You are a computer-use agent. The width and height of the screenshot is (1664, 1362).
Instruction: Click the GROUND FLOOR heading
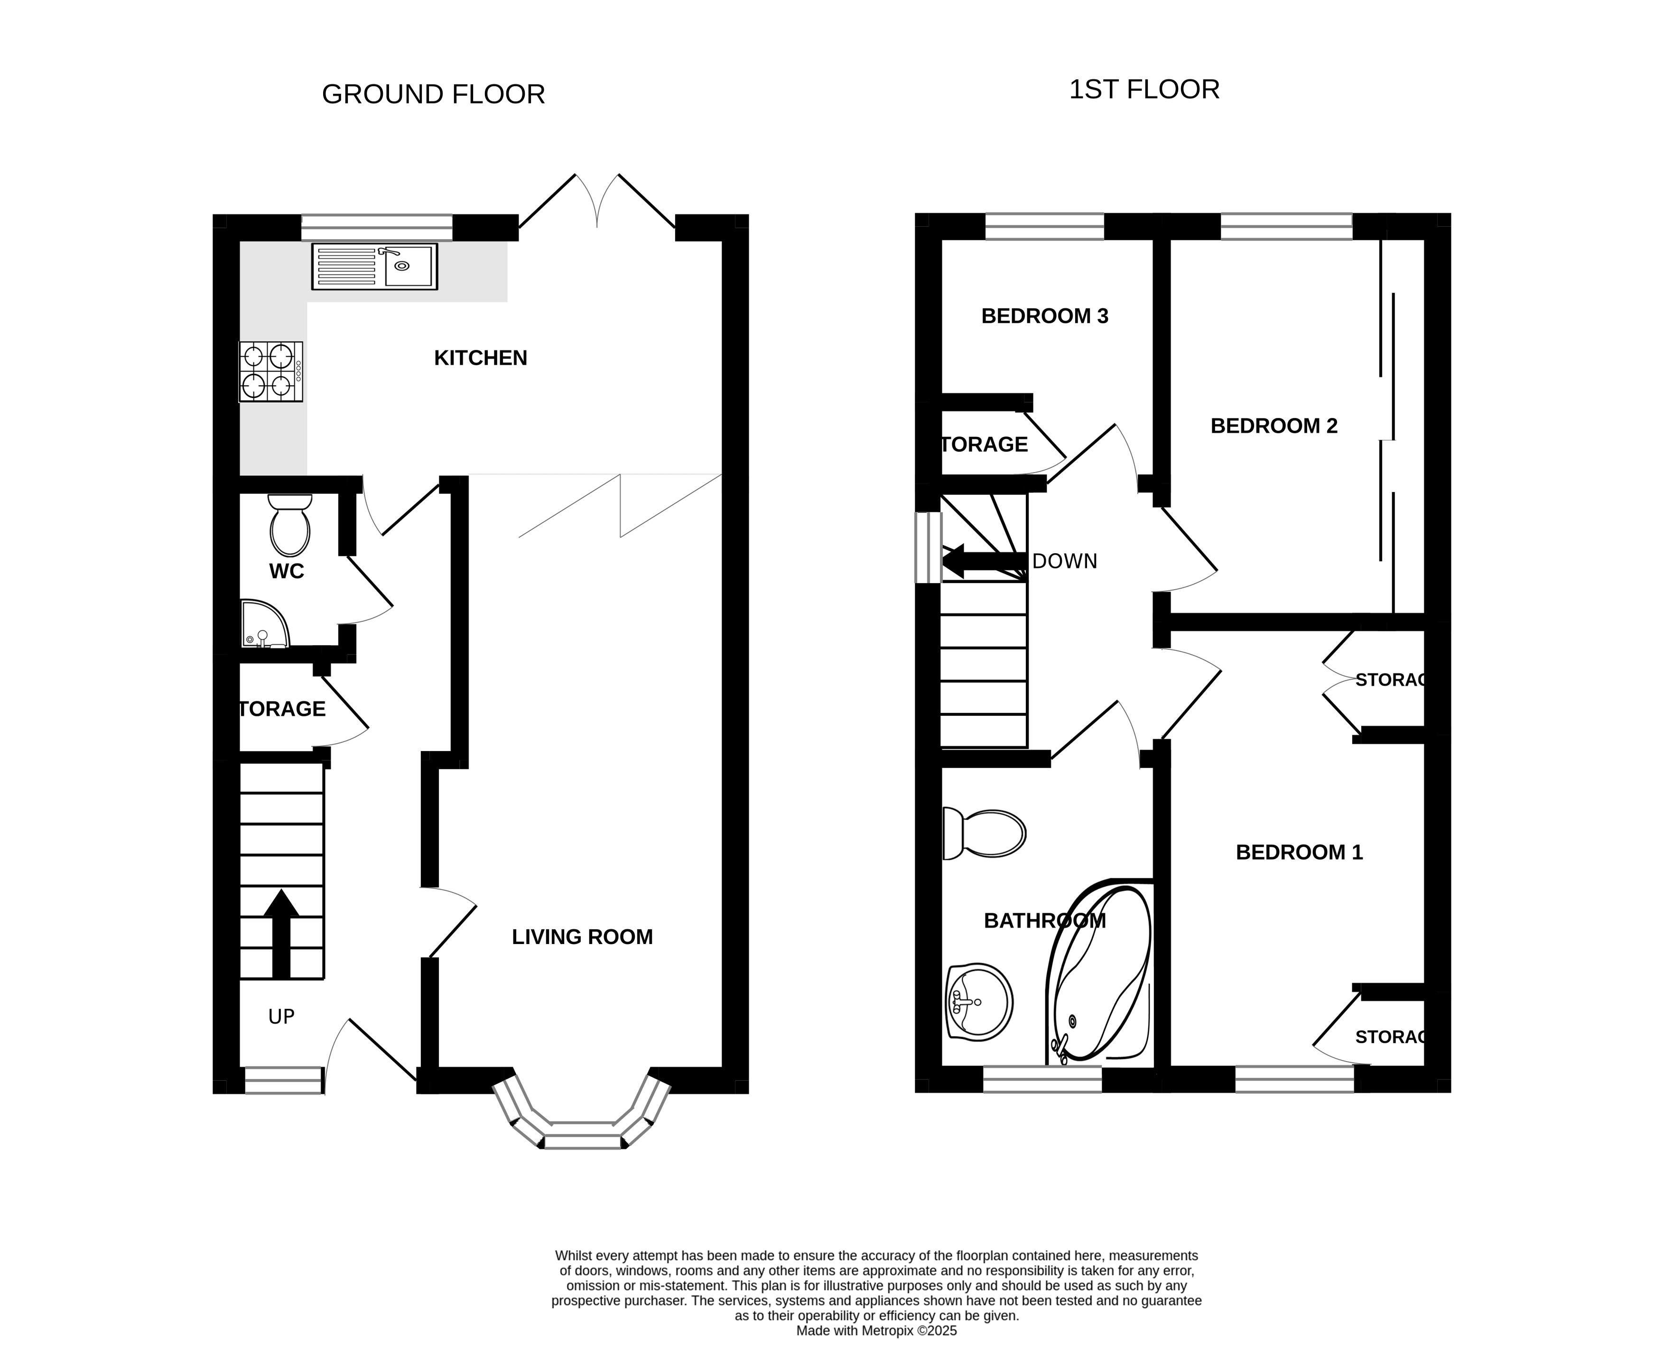(433, 94)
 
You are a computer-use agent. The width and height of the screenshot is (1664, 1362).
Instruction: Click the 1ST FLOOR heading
(1144, 90)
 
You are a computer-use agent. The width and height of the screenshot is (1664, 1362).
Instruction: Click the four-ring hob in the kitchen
(270, 372)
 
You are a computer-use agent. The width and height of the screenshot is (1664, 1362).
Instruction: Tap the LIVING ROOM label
(582, 937)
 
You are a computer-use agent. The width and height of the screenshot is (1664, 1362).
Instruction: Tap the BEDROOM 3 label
(1044, 316)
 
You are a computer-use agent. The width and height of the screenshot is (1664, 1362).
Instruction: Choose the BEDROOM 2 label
(1274, 426)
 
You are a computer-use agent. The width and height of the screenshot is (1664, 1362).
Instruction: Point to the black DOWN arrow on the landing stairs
(984, 562)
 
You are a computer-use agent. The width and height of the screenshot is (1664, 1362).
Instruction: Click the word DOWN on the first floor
(1065, 562)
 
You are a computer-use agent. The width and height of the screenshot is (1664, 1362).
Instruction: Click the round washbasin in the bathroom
(979, 1003)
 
